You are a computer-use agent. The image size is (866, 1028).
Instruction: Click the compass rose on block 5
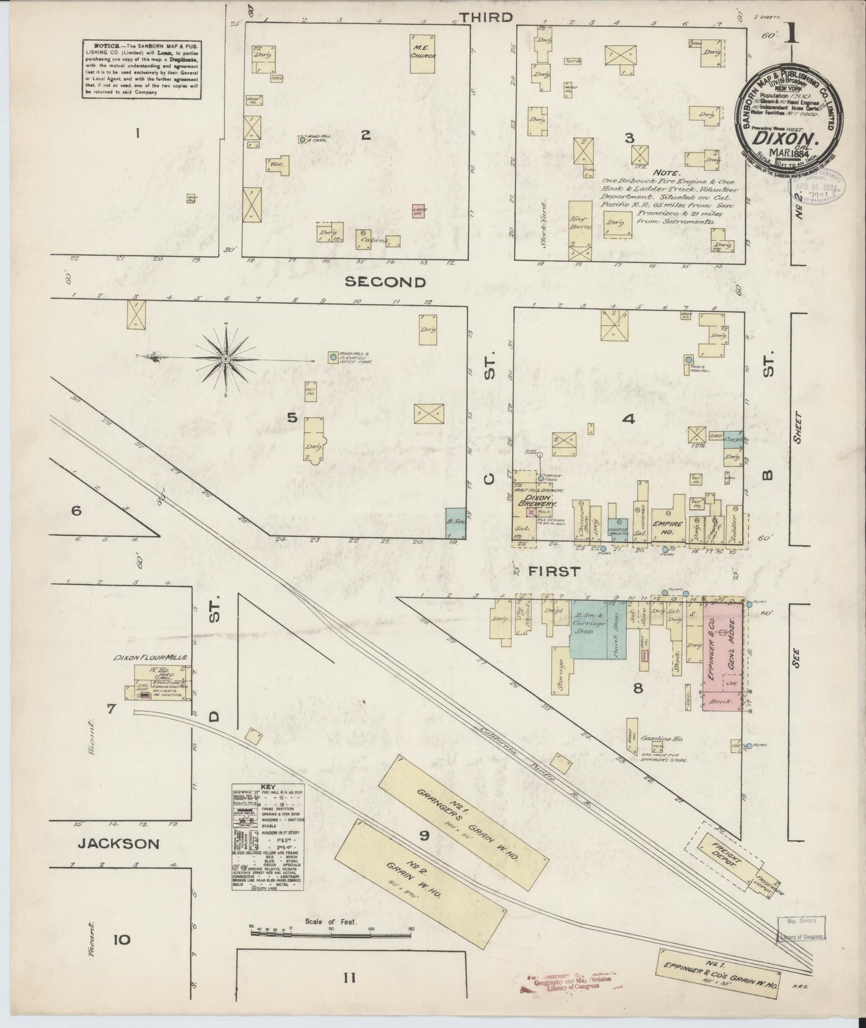pos(226,359)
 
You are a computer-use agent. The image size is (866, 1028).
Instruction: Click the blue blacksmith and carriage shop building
pos(587,628)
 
